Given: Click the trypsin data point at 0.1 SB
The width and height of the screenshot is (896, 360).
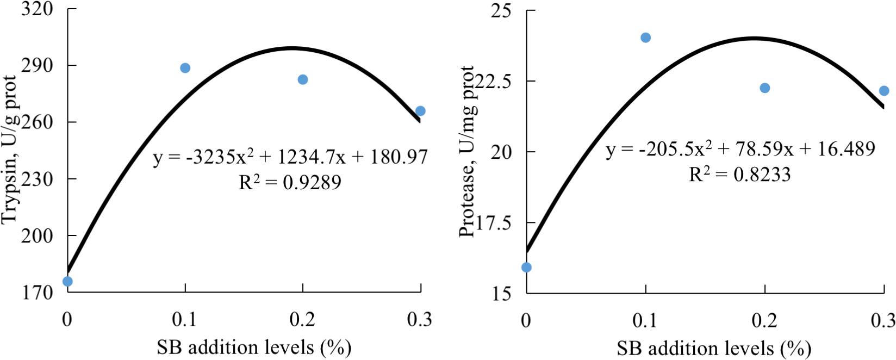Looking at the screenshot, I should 185,68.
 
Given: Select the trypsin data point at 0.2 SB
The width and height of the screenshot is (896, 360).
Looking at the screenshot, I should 303,79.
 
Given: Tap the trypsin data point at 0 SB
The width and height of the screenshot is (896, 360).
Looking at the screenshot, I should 67,281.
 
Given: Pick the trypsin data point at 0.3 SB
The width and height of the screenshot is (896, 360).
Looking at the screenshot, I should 420,111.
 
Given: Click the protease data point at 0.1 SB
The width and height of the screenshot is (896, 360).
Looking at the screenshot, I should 645,38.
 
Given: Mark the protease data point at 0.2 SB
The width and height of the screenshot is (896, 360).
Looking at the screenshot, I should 764,88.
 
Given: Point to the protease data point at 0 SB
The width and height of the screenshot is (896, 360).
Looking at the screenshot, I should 526,267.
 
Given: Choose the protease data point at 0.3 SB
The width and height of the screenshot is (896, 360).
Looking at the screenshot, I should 884,91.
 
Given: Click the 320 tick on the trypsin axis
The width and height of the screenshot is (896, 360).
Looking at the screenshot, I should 38,9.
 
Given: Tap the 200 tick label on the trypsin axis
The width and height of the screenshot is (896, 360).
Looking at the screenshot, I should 38,235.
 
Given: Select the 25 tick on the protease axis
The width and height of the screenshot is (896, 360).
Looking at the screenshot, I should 501,10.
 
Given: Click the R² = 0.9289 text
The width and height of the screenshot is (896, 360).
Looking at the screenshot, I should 290,183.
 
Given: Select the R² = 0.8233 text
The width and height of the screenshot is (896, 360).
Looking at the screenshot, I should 739,175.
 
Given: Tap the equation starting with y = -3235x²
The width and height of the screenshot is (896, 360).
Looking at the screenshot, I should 290,157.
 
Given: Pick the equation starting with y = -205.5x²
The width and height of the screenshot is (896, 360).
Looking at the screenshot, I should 741,149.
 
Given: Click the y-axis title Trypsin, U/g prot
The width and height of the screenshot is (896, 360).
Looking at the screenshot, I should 10,150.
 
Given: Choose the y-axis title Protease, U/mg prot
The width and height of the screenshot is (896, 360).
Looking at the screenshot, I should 467,151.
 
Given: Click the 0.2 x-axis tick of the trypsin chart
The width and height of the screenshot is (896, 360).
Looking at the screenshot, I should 302,320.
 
